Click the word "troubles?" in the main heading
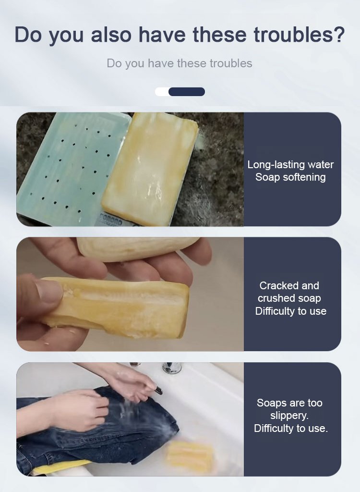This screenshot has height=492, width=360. click(x=299, y=35)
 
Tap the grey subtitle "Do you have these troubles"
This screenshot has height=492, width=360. click(x=180, y=63)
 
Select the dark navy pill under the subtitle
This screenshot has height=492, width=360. click(x=187, y=92)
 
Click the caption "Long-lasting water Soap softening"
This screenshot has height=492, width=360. click(x=290, y=171)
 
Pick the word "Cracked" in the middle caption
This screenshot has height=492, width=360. click(x=274, y=285)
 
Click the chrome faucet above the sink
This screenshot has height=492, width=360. click(x=172, y=368)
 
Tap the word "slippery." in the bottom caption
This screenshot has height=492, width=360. click(x=289, y=416)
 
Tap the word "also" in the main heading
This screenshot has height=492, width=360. click(x=111, y=35)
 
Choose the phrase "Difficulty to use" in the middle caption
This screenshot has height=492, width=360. click(x=291, y=311)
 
